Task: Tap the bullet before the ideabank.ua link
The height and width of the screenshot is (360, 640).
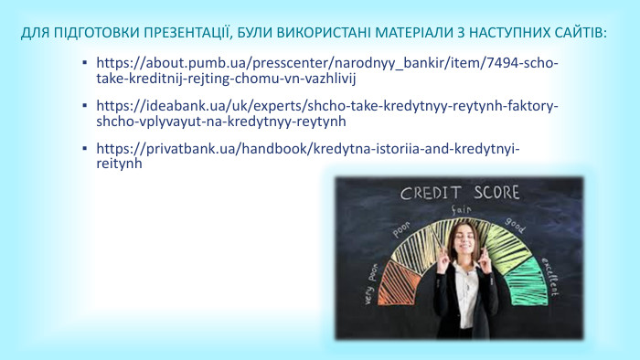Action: pos(84,107)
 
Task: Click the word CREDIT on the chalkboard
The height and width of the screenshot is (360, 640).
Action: pos(432,193)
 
